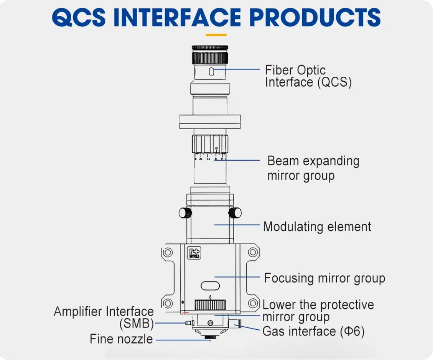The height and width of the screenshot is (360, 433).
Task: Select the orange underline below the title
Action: click(x=216, y=35)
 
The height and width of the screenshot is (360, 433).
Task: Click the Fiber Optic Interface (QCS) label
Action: click(x=308, y=76)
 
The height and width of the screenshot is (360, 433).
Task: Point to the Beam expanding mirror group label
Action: click(x=313, y=168)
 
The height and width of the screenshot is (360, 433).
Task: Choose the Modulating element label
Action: click(x=317, y=227)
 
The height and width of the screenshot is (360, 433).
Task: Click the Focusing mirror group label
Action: click(x=325, y=278)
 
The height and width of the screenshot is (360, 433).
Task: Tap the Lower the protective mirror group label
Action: click(x=318, y=311)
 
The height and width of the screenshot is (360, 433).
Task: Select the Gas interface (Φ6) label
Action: click(x=313, y=331)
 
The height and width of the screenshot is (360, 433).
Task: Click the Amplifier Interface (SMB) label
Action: click(x=104, y=317)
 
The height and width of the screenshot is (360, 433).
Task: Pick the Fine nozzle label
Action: click(x=121, y=339)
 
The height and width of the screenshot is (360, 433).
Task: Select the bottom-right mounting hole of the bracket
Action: click(x=253, y=303)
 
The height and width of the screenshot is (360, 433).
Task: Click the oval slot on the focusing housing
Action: click(x=210, y=286)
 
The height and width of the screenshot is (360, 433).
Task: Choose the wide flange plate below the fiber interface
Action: click(x=210, y=122)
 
